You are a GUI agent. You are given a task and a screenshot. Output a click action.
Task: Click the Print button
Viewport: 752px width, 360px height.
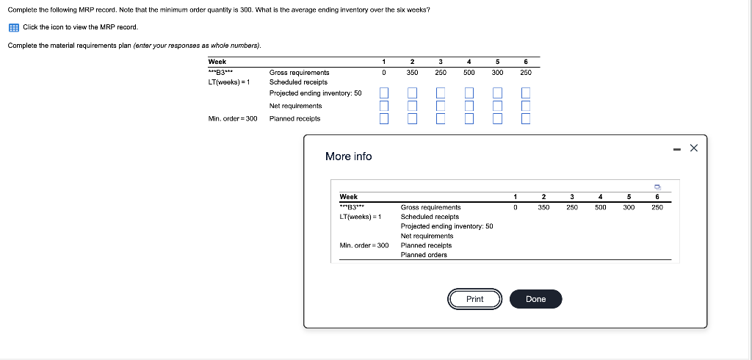tap(474, 299)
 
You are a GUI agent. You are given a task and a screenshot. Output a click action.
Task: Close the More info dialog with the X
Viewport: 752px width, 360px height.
tap(694, 148)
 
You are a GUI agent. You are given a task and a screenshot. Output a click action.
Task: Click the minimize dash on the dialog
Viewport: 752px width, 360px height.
tap(676, 148)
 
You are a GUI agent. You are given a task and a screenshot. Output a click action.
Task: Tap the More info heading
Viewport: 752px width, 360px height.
tap(348, 156)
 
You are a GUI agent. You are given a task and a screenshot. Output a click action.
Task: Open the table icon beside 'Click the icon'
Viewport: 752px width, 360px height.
tap(13, 27)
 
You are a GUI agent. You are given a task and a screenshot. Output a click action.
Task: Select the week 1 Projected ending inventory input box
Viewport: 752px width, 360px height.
tap(383, 93)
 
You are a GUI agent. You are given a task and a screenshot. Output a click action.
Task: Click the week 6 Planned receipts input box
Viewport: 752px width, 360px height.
tap(526, 118)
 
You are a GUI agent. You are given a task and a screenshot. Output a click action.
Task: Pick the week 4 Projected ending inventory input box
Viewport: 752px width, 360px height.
tap(469, 93)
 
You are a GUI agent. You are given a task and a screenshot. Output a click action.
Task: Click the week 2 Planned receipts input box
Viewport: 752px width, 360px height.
tap(412, 118)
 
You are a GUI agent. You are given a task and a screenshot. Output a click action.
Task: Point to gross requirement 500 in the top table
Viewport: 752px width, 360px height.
tap(469, 73)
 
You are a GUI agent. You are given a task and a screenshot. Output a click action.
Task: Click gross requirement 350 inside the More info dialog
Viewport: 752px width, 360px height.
tap(543, 208)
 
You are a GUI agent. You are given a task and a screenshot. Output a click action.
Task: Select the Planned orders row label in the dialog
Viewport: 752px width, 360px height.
tap(424, 255)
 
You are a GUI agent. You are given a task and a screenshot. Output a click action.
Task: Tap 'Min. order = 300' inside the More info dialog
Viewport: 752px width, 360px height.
tap(364, 245)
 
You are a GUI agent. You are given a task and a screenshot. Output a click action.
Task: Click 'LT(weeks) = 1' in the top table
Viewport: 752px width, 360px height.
tap(229, 82)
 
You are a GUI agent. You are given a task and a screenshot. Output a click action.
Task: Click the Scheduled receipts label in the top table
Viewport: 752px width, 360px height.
tap(298, 82)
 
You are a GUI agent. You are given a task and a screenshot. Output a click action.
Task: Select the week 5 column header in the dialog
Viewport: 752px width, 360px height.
tap(629, 197)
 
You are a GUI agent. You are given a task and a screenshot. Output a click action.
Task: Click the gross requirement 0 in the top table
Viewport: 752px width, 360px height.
tap(383, 73)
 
